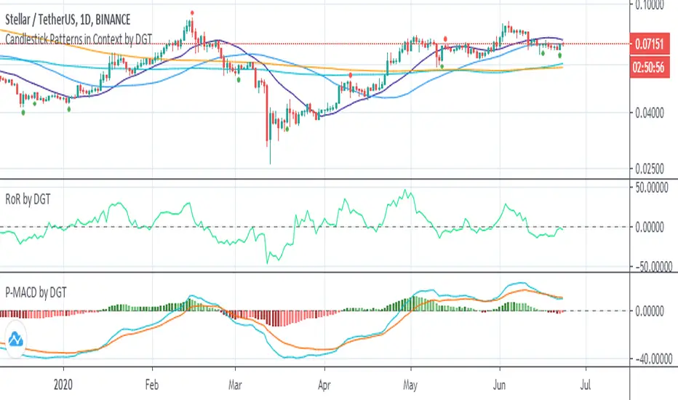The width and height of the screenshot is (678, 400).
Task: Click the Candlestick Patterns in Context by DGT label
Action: (x=79, y=39)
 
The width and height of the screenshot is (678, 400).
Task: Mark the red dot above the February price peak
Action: (x=192, y=12)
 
